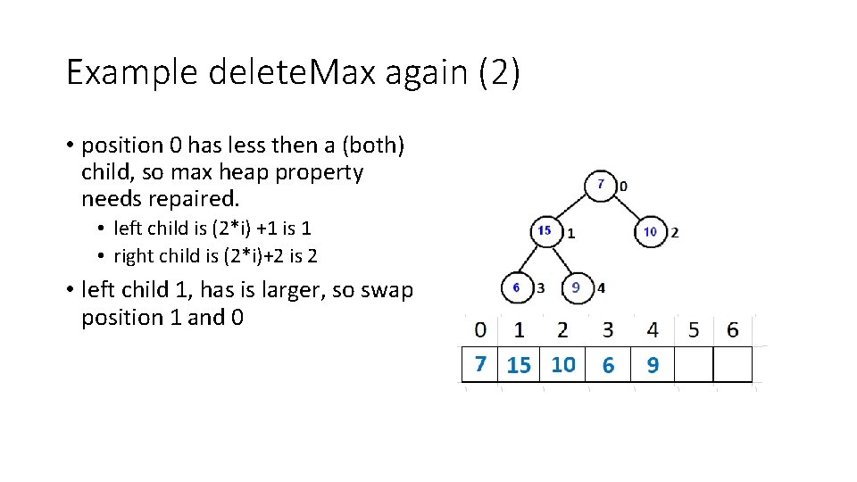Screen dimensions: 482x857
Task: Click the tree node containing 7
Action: (x=602, y=184)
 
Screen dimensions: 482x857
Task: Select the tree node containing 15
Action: (x=545, y=230)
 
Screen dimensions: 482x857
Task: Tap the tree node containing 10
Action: (x=651, y=231)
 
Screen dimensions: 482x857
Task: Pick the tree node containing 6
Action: (x=516, y=287)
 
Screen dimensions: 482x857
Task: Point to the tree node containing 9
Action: (x=577, y=287)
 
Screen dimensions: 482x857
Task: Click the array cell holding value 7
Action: (x=480, y=364)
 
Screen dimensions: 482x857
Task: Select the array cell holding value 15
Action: (x=519, y=364)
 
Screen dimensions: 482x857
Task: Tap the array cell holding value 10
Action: (x=563, y=364)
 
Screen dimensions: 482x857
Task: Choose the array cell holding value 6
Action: (x=608, y=364)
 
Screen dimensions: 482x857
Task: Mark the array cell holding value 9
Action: (x=653, y=364)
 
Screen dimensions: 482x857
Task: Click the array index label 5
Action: (x=694, y=329)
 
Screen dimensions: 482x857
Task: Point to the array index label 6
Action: (x=733, y=329)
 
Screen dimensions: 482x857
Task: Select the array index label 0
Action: (x=480, y=329)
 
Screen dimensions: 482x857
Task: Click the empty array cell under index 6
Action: (x=733, y=364)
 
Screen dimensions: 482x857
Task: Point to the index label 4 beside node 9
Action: (x=601, y=287)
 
